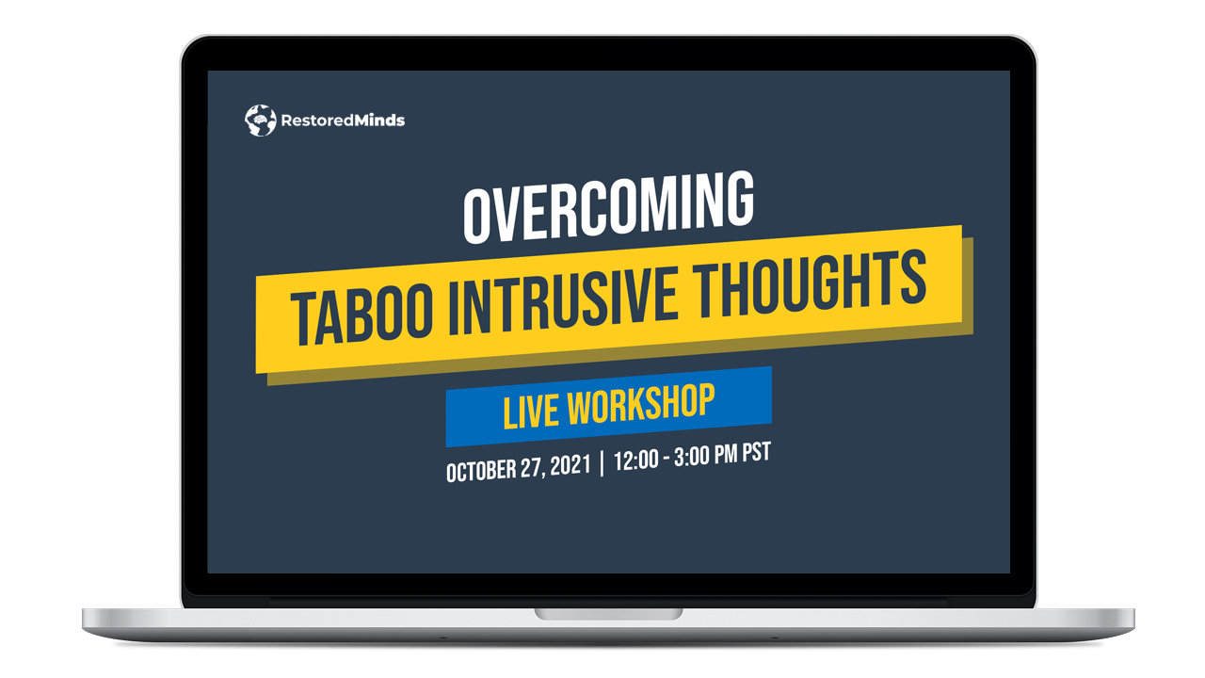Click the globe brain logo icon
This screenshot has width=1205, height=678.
click(x=261, y=120)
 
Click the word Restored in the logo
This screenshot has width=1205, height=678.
click(x=317, y=121)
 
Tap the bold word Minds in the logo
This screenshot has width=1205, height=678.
click(x=379, y=120)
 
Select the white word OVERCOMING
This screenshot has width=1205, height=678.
click(x=608, y=207)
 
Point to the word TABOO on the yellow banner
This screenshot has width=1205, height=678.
click(x=361, y=315)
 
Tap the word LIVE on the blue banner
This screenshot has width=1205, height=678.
click(x=530, y=412)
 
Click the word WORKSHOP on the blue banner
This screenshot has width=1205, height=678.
click(x=641, y=404)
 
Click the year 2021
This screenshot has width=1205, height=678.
click(x=570, y=465)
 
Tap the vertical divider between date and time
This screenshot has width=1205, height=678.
click(x=602, y=463)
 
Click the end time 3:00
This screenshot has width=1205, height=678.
click(x=692, y=457)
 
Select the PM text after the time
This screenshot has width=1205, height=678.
click(x=726, y=455)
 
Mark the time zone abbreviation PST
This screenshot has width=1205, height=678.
click(x=756, y=453)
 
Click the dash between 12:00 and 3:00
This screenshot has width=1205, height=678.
click(x=666, y=459)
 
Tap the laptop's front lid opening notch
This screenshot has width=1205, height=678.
click(x=608, y=614)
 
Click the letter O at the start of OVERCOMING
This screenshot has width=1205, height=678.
click(x=476, y=217)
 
